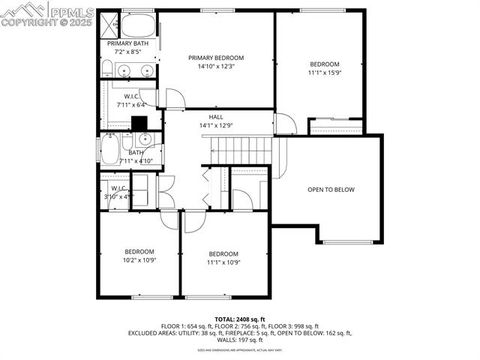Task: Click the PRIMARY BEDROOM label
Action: click(215, 58)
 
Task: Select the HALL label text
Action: click(215, 117)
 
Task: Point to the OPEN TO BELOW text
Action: click(330, 189)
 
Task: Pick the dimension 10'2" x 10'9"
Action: click(139, 259)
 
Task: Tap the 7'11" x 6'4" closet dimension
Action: click(131, 104)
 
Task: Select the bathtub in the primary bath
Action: click(141, 25)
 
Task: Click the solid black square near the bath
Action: click(141, 123)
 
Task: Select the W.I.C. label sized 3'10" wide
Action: click(117, 188)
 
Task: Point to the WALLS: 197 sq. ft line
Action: click(238, 340)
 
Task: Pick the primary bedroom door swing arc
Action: click(175, 98)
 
